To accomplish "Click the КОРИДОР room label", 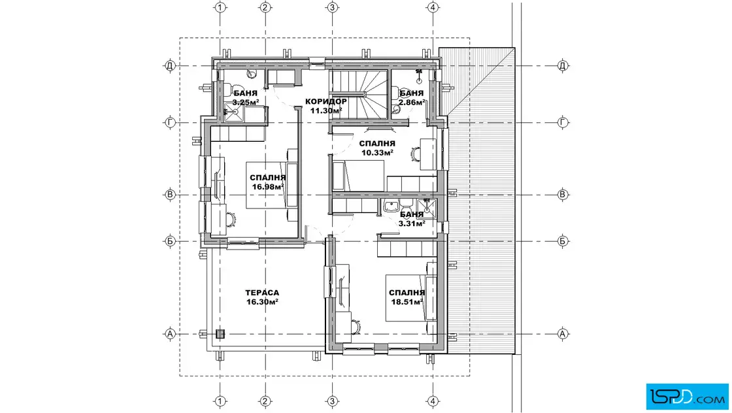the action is coord(326,101).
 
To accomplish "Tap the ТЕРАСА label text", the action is coord(262,293).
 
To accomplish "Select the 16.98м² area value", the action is coord(268,187).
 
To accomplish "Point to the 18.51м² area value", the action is coord(407,301).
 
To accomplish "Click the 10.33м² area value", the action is coord(377,152).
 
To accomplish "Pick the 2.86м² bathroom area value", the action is coord(411,102).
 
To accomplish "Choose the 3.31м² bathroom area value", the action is coord(411,223).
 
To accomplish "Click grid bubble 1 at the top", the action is coord(220,7).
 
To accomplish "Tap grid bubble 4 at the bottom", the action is coord(433,401).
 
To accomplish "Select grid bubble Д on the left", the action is coord(170,65).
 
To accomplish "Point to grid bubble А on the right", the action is coord(563,334).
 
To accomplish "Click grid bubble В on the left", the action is coord(170,194).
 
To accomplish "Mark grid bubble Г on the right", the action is coord(563,122).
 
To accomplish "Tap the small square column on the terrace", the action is coord(220,334).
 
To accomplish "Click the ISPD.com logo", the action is coord(687,397).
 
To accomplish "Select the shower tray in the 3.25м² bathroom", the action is coord(233,112).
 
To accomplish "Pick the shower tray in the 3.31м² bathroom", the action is coord(426,208).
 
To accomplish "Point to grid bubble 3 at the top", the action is coord(332,7).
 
